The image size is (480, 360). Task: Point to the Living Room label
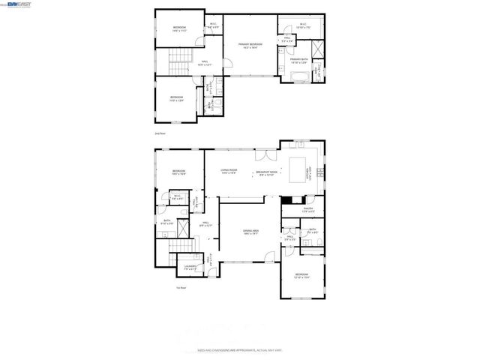coord(229,172)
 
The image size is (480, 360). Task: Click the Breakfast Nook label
coord(267,172)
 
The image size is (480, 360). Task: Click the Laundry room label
coord(190,268)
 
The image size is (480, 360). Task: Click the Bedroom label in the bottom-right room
coord(302,276)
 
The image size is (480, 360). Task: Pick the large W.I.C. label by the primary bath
coord(302,25)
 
